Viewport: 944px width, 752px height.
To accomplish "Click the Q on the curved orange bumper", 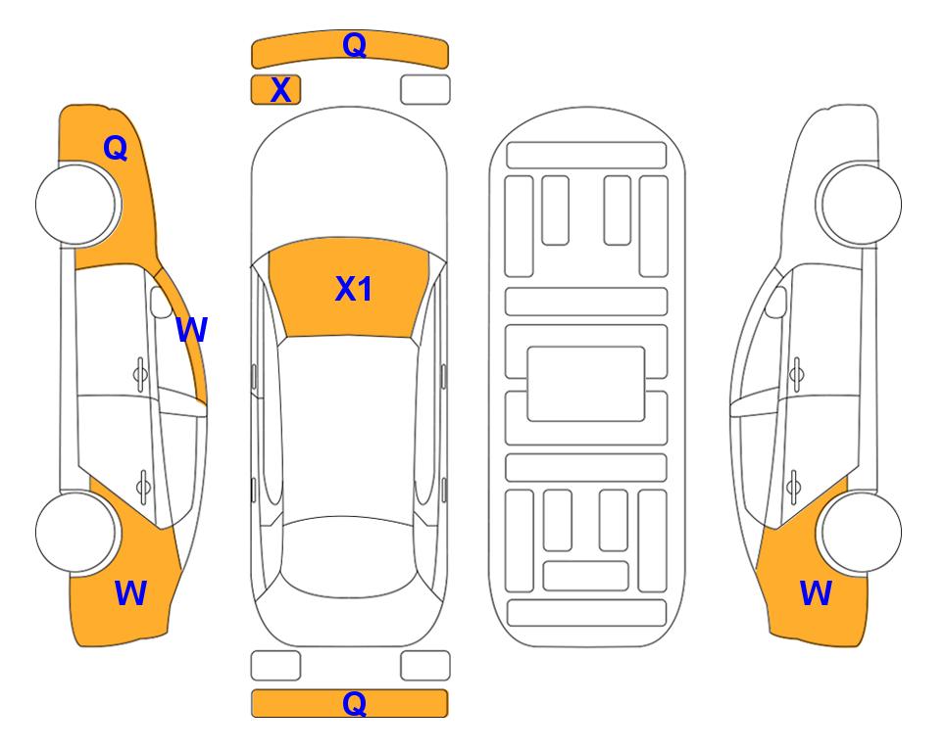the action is [354, 45].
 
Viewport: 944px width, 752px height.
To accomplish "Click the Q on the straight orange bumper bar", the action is [354, 703].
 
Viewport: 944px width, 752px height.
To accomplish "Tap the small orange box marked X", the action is [275, 90].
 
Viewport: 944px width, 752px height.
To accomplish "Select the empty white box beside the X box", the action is [425, 90].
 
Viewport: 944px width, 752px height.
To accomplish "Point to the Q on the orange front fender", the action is [116, 148].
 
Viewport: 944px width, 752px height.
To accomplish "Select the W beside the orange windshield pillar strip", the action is [191, 329].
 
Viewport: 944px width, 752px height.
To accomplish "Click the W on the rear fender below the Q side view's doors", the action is [130, 592].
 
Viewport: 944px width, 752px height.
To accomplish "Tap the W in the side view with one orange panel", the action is [816, 592].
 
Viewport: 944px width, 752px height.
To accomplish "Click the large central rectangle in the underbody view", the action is [586, 384].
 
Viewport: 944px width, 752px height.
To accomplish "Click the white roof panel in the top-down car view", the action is [349, 427].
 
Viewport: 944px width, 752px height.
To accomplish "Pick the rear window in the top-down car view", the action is [349, 556].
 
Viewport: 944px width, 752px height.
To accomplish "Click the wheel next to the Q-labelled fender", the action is [76, 205].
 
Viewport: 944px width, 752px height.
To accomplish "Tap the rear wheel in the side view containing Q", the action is [76, 532].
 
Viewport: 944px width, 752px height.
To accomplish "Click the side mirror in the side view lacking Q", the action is [775, 302].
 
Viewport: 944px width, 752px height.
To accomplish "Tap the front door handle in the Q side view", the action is [140, 375].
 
